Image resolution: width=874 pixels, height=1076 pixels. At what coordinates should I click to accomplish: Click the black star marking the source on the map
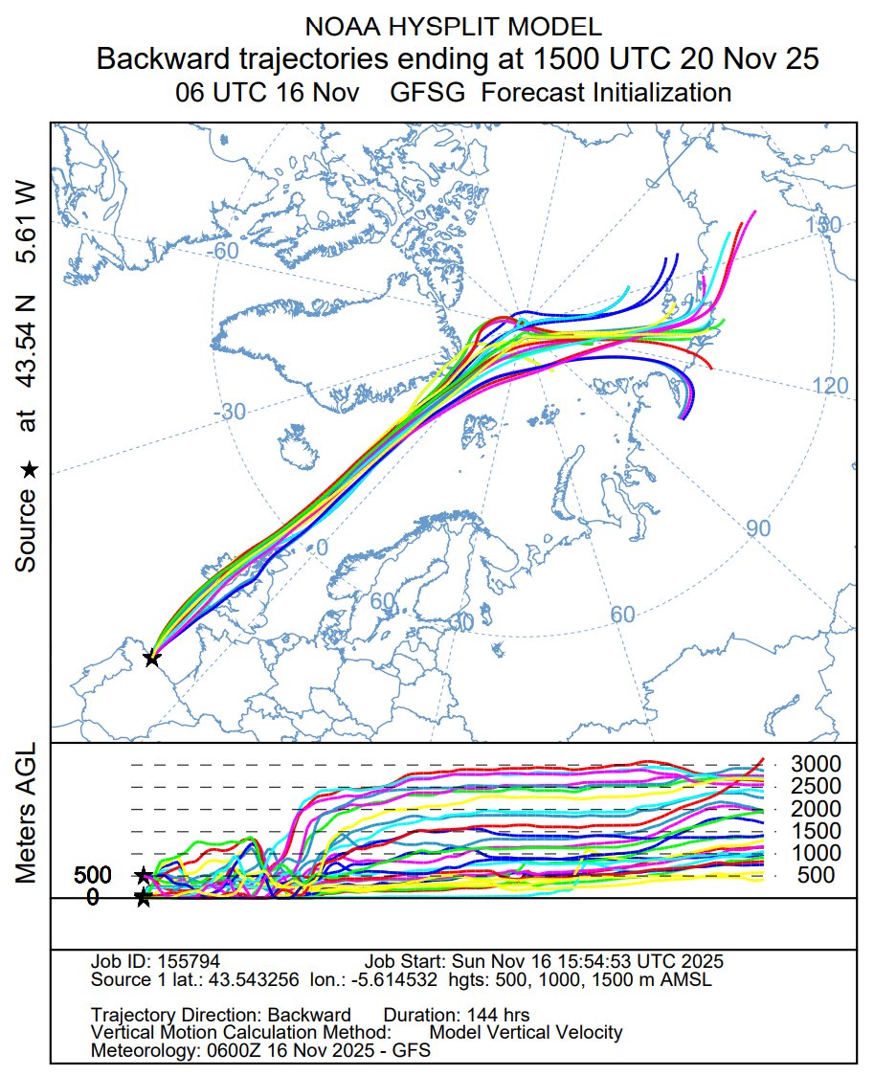[151, 658]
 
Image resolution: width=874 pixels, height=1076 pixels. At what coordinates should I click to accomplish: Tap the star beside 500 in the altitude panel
[143, 875]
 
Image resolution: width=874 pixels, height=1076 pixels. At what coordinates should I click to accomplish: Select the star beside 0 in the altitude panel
[143, 898]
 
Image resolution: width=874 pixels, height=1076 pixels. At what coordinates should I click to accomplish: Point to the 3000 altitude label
[815, 764]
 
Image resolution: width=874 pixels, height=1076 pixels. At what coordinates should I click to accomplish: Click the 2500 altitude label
[815, 786]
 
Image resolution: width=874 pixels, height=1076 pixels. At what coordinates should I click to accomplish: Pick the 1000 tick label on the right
[815, 853]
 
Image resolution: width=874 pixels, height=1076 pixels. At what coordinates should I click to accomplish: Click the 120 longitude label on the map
[830, 386]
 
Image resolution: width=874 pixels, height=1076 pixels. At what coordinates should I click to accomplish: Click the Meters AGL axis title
[28, 813]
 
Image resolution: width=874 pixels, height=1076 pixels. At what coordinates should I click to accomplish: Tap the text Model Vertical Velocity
[526, 1032]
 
